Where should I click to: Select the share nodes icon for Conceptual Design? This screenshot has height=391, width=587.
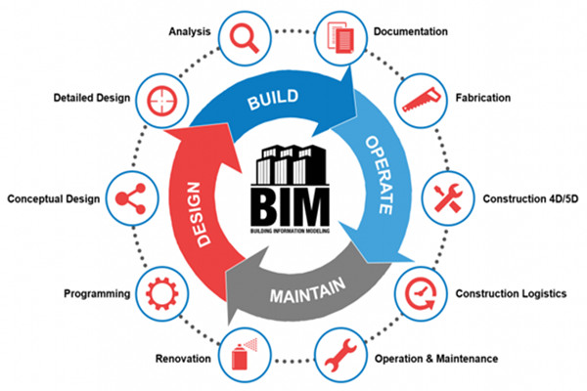tap(133, 198)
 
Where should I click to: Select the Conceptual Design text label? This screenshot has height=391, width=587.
tap(54, 199)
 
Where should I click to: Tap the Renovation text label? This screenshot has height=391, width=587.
tap(182, 358)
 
